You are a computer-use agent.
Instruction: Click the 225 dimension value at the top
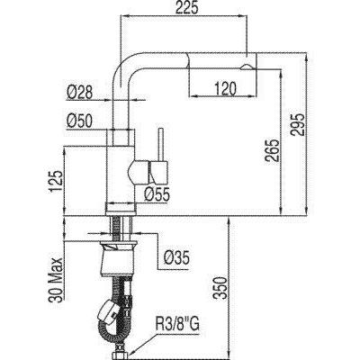point(187,8)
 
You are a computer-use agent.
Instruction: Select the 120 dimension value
point(225,89)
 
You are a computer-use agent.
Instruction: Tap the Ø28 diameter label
point(80,93)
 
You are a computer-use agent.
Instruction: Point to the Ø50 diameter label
point(80,121)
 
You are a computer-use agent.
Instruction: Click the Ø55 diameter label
point(157,195)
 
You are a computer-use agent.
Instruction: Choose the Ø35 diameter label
point(176,258)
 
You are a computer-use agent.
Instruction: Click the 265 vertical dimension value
point(273,150)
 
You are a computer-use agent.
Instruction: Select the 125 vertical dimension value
point(56,182)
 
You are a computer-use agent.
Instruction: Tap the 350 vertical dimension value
point(220,288)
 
